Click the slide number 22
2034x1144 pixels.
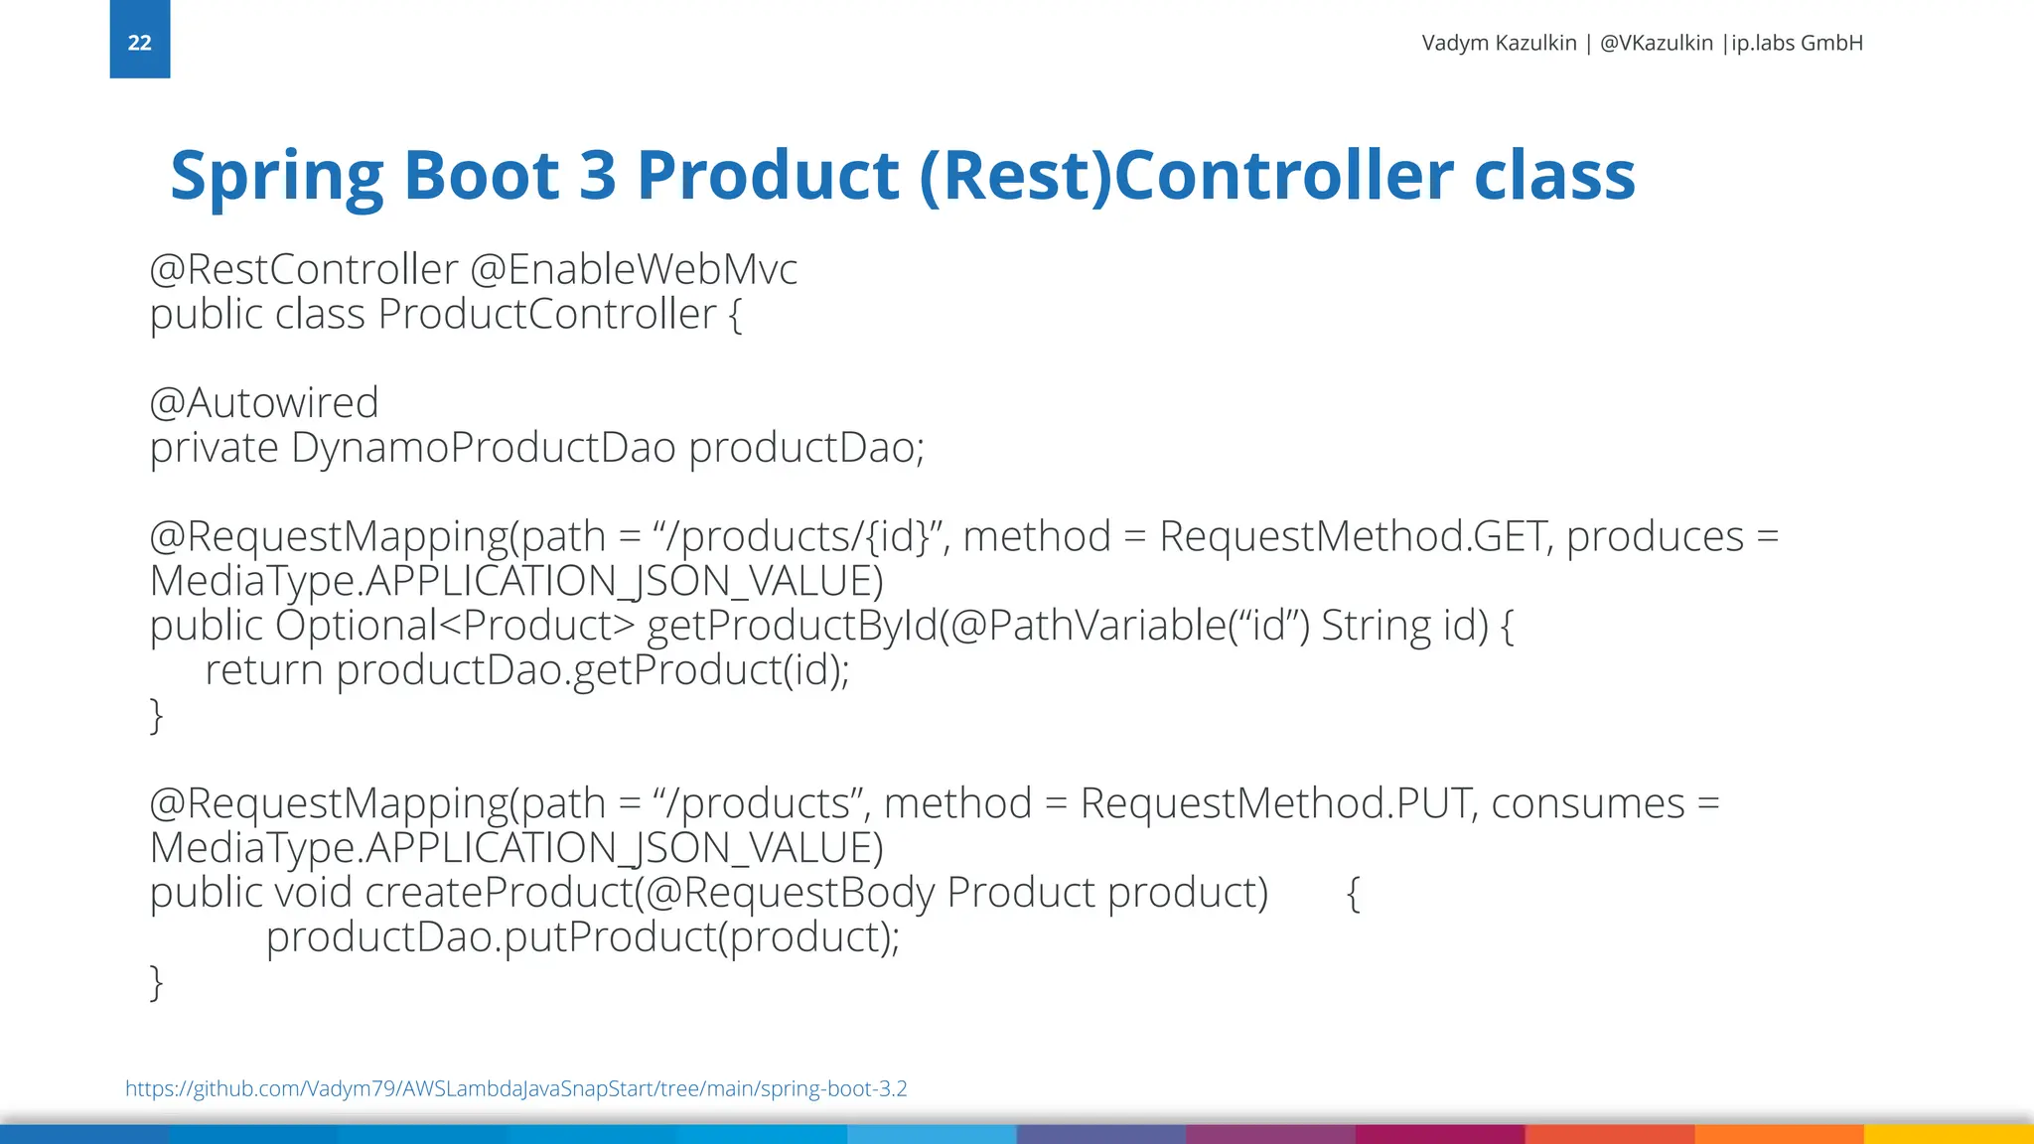pos(139,43)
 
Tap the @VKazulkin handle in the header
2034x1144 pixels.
pos(1656,43)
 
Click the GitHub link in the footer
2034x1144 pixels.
pos(515,1088)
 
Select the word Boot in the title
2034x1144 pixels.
pos(481,175)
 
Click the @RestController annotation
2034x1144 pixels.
pos(303,269)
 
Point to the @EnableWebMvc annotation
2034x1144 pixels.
pos(633,269)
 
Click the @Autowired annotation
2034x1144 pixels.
pos(263,403)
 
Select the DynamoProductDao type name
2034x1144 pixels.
pos(483,448)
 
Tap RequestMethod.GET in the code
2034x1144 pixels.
pos(1352,537)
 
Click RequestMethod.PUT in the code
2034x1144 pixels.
pos(1274,803)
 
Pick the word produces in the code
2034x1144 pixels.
pos(1655,537)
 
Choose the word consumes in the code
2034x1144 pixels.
pos(1587,803)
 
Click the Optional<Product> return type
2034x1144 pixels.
pos(454,626)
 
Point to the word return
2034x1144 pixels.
pos(263,670)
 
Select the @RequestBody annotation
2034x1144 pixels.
pos(790,893)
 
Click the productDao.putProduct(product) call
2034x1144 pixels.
pos(582,937)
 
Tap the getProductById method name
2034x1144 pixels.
pos(792,626)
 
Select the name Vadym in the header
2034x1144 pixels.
pos(1449,43)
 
